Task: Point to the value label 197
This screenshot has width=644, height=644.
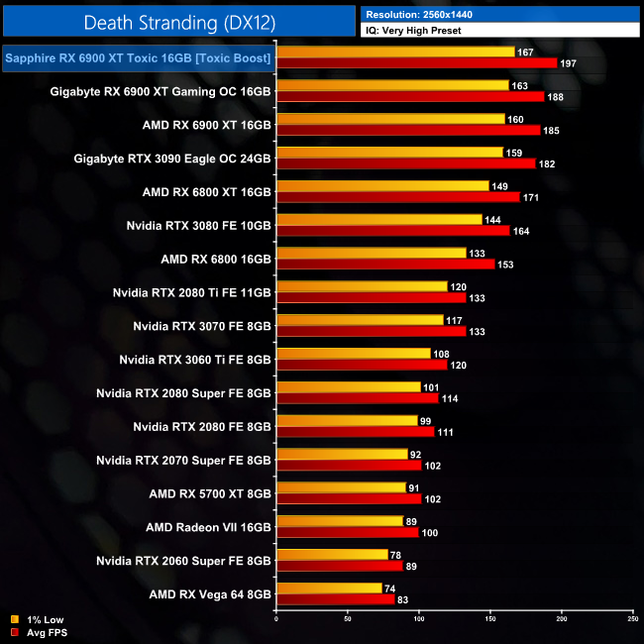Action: tap(569, 63)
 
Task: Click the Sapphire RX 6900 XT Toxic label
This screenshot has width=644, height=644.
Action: tap(139, 58)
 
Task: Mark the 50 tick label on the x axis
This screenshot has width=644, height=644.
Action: tap(348, 620)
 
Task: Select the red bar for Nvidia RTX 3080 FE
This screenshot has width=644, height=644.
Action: tap(393, 231)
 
